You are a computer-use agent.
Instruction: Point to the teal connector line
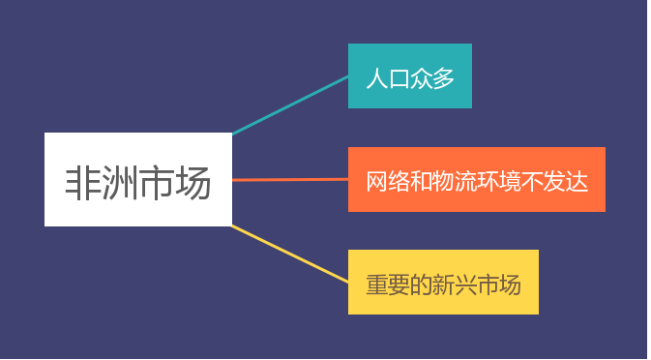[x=290, y=105]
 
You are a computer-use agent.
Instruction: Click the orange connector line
[x=290, y=179]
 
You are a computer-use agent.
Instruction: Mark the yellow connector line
[x=290, y=254]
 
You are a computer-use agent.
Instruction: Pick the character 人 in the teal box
[x=376, y=78]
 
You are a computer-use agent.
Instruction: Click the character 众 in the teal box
[x=422, y=78]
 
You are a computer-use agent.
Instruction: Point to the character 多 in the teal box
[x=444, y=78]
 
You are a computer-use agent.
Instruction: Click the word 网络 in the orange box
[x=388, y=181]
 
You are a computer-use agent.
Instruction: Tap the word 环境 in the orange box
[x=499, y=181]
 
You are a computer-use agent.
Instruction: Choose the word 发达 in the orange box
[x=566, y=181]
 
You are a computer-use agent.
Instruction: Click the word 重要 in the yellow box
[x=388, y=285]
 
